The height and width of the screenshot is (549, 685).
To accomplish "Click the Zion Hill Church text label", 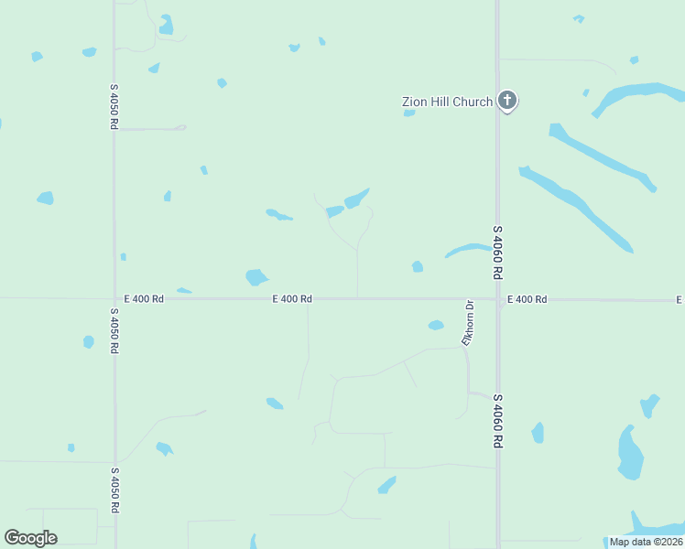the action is [x=448, y=102].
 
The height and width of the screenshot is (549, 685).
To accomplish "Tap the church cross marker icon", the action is [x=507, y=101].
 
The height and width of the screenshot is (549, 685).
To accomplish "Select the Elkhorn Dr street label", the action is [x=468, y=324].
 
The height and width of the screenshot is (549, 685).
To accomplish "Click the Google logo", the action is [x=30, y=538].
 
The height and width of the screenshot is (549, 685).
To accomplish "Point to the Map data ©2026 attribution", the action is [x=647, y=542].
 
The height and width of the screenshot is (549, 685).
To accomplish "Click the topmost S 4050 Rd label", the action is [x=114, y=107].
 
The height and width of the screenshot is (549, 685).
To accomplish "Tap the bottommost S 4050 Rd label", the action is [x=114, y=490].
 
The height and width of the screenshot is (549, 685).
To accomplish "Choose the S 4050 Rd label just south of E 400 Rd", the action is [x=114, y=330].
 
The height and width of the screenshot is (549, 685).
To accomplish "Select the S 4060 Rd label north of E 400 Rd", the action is [x=498, y=253].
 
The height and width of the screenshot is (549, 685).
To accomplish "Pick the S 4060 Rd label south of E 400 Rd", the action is [x=498, y=421].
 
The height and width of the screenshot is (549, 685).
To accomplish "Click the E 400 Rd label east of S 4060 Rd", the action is [x=527, y=299].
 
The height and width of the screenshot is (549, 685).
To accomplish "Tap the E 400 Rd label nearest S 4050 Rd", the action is [x=144, y=299].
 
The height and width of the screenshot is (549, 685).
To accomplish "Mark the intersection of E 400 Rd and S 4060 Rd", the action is [x=498, y=299].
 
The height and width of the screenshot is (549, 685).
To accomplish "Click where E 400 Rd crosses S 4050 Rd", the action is [x=114, y=298].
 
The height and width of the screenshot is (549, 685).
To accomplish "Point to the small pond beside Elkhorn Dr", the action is [x=436, y=325].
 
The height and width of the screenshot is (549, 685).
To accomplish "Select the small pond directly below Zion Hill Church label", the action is [x=409, y=113].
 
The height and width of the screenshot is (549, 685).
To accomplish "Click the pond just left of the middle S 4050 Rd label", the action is [x=88, y=342].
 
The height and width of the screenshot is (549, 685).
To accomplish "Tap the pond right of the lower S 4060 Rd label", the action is [x=538, y=433].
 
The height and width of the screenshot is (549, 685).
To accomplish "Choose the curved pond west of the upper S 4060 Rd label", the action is [x=468, y=249].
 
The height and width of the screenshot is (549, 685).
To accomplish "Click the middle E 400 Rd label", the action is [x=292, y=299].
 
